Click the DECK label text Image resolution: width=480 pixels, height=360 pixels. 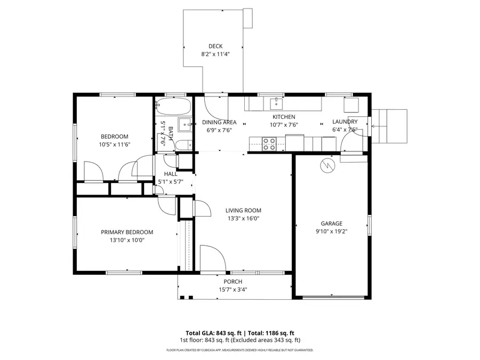click(215, 46)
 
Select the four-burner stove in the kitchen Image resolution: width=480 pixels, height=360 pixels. click(269, 143)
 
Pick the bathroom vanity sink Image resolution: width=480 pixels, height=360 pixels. click(185, 125)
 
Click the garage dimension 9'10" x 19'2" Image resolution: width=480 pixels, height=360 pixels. click(331, 231)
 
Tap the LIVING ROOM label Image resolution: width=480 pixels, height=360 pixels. click(243, 210)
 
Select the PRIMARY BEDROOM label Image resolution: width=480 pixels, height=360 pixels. click(127, 232)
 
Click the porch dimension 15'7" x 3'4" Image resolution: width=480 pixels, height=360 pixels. click(233, 290)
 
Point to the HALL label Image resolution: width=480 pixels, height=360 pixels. click(171, 174)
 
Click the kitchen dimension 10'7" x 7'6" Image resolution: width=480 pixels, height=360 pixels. click(284, 125)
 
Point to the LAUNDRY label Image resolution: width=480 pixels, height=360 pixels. click(345, 122)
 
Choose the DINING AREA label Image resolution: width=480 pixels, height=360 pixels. click(219, 122)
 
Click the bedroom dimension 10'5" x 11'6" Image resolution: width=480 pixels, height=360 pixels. click(115, 145)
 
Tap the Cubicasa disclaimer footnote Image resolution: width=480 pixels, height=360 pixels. click(240, 350)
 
